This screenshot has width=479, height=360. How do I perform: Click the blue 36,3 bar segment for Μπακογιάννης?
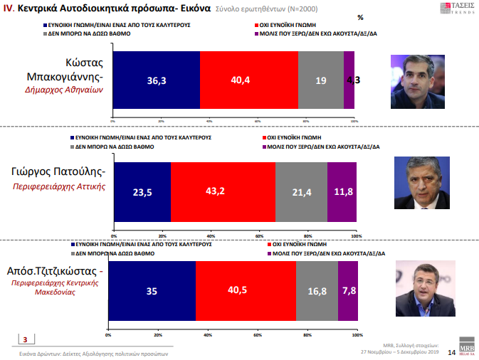(157, 80)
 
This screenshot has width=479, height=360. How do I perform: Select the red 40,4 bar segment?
(248, 80)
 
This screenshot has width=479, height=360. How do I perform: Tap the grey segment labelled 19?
(321, 80)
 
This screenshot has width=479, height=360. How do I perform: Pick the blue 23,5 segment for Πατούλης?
(142, 192)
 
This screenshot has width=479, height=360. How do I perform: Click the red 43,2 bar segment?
(223, 192)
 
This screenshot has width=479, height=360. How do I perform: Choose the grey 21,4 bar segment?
(301, 192)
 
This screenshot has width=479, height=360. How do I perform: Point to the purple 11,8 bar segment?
(342, 192)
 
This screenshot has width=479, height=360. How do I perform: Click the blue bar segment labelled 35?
(151, 290)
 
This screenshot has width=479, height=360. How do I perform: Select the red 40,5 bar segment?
(246, 290)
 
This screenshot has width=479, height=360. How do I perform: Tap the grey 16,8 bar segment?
(317, 290)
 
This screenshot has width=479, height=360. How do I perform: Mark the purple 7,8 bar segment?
(347, 290)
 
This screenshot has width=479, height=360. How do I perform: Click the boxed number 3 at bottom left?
(26, 339)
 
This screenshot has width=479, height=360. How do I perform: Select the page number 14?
(451, 352)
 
